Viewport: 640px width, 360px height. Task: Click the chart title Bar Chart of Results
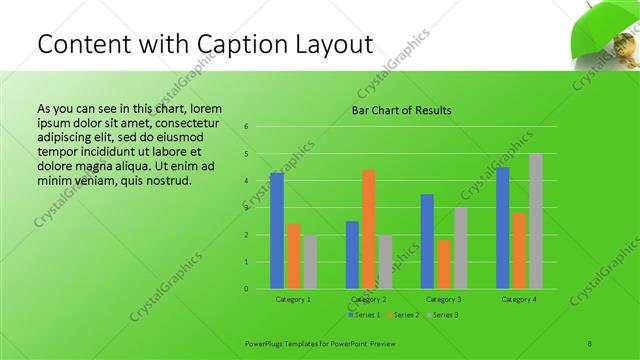pyautogui.click(x=401, y=110)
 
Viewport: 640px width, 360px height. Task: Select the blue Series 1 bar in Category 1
pyautogui.click(x=277, y=231)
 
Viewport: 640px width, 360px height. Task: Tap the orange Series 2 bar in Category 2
pyautogui.click(x=368, y=229)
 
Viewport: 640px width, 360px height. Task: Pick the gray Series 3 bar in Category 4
pyautogui.click(x=535, y=221)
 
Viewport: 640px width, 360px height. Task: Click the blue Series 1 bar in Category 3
pyautogui.click(x=427, y=241)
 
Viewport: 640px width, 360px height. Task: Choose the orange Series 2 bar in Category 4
pyautogui.click(x=519, y=251)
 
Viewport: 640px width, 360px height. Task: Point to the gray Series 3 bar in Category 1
pyautogui.click(x=310, y=262)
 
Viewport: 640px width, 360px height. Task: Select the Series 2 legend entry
pyautogui.click(x=403, y=315)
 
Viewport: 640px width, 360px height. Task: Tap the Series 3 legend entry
pyautogui.click(x=443, y=315)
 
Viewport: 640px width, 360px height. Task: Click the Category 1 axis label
pyautogui.click(x=293, y=299)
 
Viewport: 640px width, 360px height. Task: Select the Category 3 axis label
pyautogui.click(x=444, y=299)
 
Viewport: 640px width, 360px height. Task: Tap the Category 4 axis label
pyautogui.click(x=519, y=299)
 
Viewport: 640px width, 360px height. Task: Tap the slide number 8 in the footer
pyautogui.click(x=590, y=342)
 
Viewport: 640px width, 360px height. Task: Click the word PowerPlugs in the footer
pyautogui.click(x=265, y=342)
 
